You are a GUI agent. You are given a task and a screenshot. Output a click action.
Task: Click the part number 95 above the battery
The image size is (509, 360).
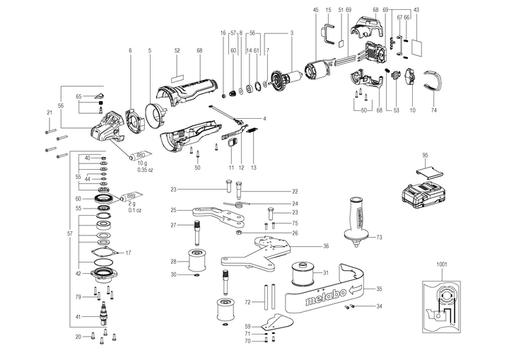coord(426,154)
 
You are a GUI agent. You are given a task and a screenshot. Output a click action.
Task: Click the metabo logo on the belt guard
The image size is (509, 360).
coord(326,296)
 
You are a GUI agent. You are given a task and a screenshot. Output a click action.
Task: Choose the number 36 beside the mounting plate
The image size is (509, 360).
coord(326,246)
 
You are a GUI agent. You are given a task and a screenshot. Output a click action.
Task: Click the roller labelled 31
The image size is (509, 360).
coord(305,273)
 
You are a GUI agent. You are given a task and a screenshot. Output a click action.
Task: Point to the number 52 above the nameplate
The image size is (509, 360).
coord(177,51)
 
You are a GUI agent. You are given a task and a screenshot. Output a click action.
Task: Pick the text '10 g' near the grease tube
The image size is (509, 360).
coord(144,163)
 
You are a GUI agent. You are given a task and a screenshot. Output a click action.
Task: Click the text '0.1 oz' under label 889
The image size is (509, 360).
coord(135,210)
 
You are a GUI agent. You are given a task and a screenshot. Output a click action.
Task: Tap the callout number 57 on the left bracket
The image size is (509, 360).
coord(69,233)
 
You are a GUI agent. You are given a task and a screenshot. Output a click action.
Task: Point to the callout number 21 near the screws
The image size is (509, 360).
coord(49,112)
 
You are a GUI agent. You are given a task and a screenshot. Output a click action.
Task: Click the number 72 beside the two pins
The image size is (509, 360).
coord(247,302)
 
